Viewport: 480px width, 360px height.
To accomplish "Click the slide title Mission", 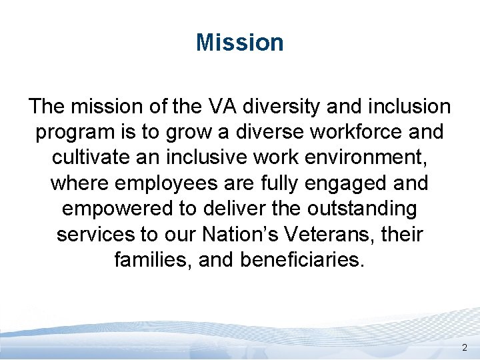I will pos(240,43).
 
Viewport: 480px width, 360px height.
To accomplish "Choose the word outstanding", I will pos(362,208).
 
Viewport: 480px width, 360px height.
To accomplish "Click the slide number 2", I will pos(465,348).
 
